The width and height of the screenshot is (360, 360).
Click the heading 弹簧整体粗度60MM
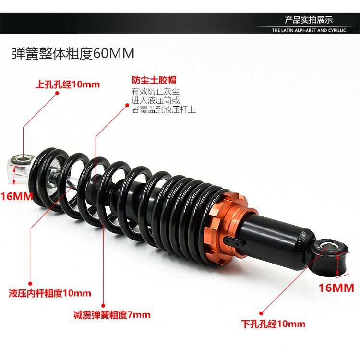[73, 53]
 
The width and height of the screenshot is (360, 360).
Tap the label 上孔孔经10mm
[68, 85]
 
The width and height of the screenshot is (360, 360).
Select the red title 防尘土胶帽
[151, 80]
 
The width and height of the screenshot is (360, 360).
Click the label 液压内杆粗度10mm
[50, 293]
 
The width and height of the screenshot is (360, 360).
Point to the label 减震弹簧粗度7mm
[112, 315]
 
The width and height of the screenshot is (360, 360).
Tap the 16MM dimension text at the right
[336, 288]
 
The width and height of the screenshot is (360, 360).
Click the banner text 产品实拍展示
[309, 20]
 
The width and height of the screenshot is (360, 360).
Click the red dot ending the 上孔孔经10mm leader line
[58, 93]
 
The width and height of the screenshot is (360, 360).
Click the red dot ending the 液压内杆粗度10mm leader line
[30, 283]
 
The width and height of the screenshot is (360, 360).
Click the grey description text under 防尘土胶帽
[163, 101]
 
